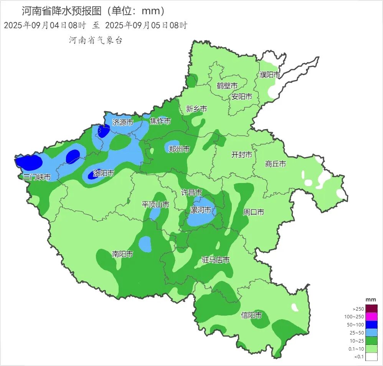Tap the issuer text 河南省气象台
(x=96, y=40)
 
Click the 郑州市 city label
(x=179, y=149)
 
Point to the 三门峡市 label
(x=37, y=177)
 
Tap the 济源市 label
(x=123, y=122)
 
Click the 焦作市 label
(x=160, y=121)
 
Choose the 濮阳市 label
(x=270, y=75)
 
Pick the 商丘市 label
(x=276, y=164)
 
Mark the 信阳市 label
(x=251, y=316)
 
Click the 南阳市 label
(x=122, y=254)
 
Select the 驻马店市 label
(x=216, y=260)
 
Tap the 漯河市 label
(x=201, y=210)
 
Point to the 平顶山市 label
(x=155, y=205)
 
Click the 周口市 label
(x=254, y=212)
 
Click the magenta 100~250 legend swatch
(x=371, y=317)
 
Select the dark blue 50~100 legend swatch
(x=371, y=325)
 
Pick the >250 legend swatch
(x=371, y=309)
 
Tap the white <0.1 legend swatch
(x=371, y=357)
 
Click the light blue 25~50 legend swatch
(x=371, y=333)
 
